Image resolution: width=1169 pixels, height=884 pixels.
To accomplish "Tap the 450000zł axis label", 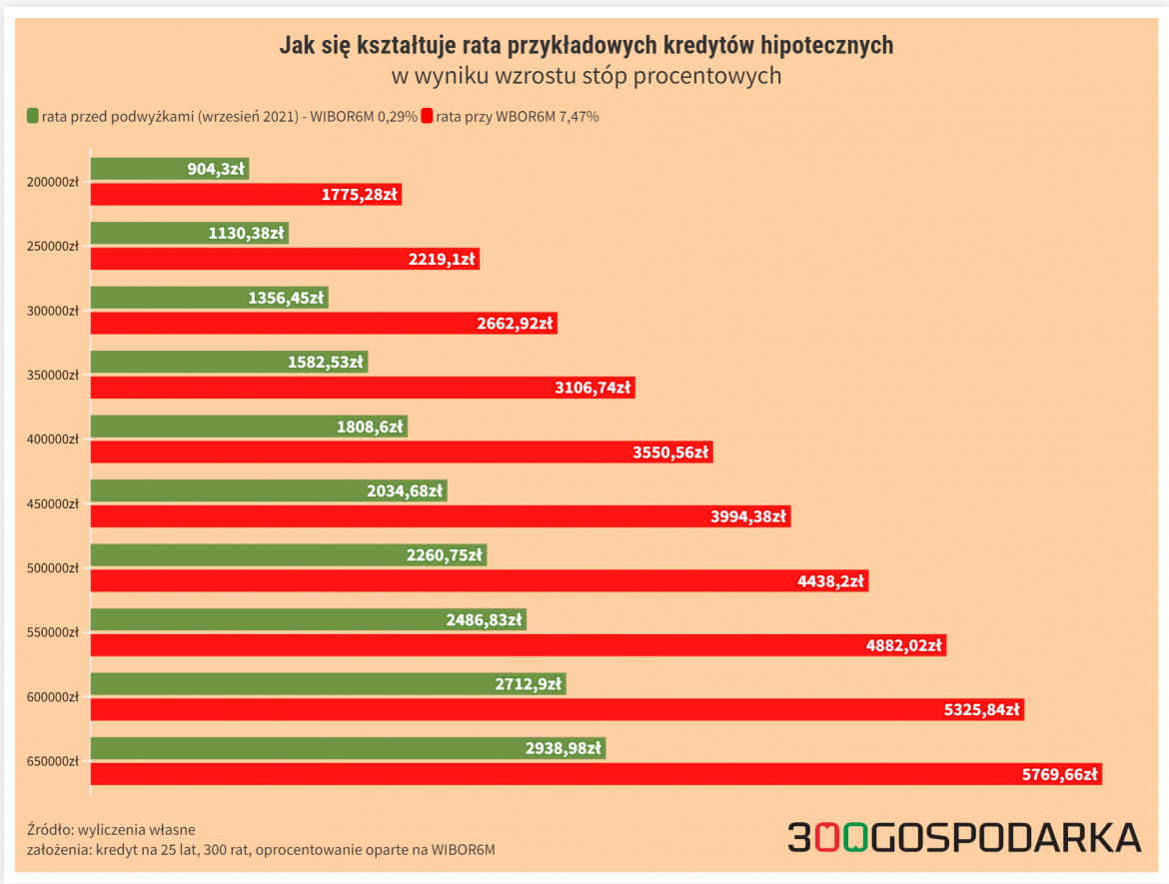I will click(x=52, y=503).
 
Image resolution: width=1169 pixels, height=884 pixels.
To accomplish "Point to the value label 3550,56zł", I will click(x=670, y=452).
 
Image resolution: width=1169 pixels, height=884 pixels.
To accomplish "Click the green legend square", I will click(x=33, y=116).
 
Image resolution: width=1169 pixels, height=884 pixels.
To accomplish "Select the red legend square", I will click(x=427, y=116).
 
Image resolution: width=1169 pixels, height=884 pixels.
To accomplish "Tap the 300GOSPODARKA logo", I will click(x=964, y=837).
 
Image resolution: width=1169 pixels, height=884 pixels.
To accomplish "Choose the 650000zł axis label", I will click(x=52, y=761).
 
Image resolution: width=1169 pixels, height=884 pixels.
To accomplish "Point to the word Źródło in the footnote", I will click(x=49, y=829).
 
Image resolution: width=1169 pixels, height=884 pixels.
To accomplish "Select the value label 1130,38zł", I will click(x=247, y=234).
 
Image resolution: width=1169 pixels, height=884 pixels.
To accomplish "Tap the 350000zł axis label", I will click(x=52, y=375).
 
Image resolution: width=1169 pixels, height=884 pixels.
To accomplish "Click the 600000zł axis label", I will click(x=52, y=697).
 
